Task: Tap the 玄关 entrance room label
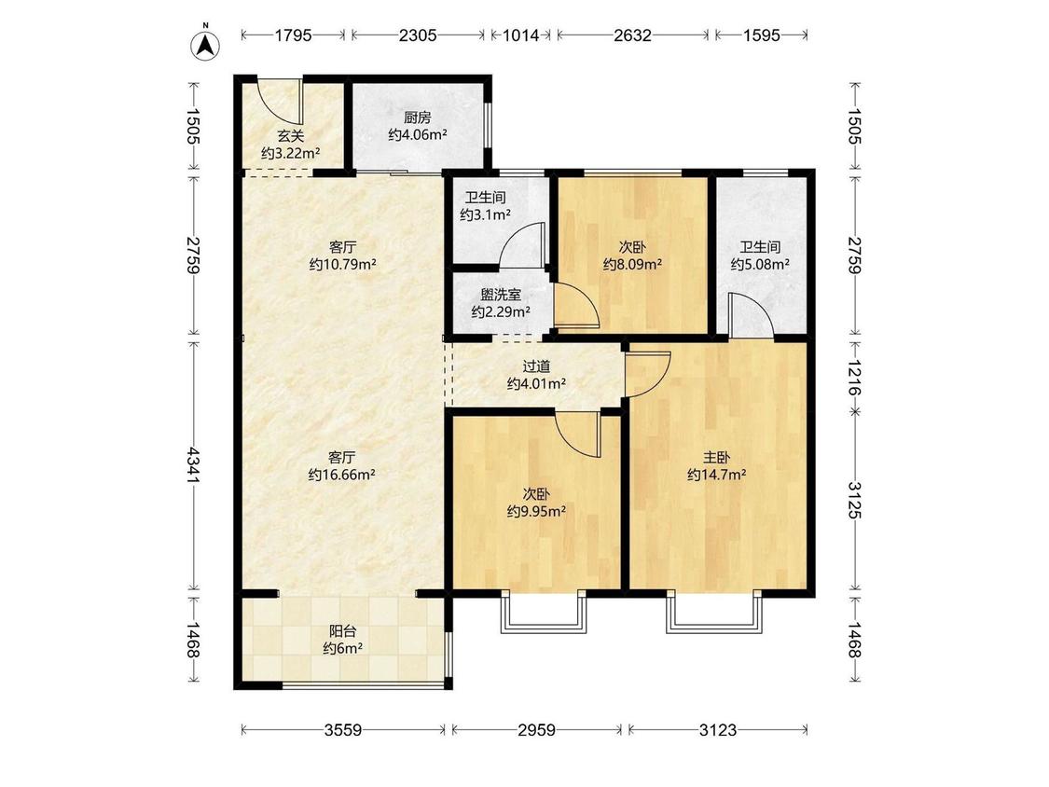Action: [290, 136]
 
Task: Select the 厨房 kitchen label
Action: [418, 117]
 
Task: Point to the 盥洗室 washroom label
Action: [501, 295]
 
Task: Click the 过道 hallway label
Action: [536, 366]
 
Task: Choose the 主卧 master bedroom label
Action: [716, 458]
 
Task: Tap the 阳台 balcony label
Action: [342, 630]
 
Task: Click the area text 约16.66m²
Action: [342, 476]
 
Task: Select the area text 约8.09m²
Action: [632, 264]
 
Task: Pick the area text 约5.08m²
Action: [760, 264]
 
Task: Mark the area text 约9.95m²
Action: [536, 512]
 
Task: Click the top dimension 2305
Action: [418, 35]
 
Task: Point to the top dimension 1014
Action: [520, 35]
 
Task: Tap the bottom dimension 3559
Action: [342, 729]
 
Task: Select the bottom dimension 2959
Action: [536, 729]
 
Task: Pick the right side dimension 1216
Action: [854, 377]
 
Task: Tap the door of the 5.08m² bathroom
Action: [751, 314]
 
